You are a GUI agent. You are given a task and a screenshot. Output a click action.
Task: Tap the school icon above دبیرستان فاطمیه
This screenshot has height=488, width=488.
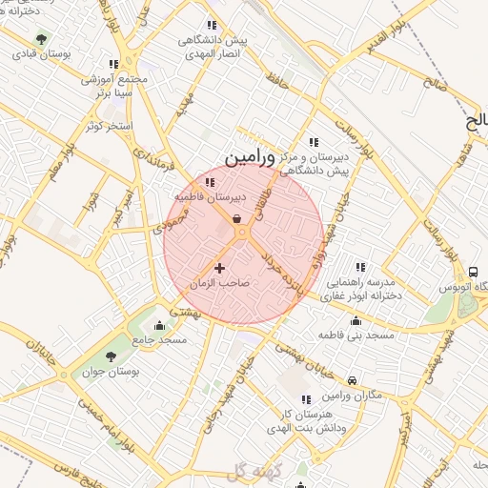pyautogui.click(x=210, y=182)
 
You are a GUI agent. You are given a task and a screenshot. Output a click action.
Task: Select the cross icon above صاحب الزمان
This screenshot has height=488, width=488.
pyautogui.click(x=221, y=269)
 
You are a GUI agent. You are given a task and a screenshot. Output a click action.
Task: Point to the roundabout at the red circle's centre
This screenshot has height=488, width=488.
pyautogui.click(x=243, y=232)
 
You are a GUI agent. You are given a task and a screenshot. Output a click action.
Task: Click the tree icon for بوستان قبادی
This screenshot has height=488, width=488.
pyautogui.click(x=41, y=39)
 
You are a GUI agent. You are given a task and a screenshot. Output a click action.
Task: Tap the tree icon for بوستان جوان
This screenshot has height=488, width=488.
pyautogui.click(x=112, y=354)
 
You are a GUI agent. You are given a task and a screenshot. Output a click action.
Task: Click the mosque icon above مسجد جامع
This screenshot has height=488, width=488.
pyautogui.click(x=158, y=326)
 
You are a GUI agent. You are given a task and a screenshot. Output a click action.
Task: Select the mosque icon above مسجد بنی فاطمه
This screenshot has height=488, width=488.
pyautogui.click(x=356, y=321)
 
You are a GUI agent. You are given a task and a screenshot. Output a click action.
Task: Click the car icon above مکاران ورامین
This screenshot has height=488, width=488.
pyautogui.click(x=354, y=379)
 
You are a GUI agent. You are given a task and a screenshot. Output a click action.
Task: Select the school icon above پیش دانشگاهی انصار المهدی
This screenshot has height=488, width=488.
pyautogui.click(x=212, y=26)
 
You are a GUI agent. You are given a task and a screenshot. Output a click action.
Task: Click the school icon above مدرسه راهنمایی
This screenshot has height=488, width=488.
pyautogui.click(x=360, y=267)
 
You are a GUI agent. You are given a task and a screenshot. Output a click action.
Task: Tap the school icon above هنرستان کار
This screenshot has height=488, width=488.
pyautogui.click(x=306, y=399)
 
